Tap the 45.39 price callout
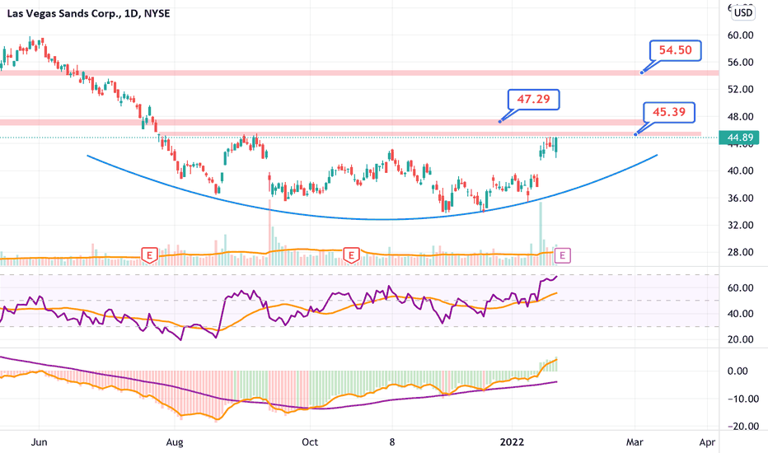click(672, 112)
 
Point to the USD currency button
click(743, 12)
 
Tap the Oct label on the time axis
click(309, 441)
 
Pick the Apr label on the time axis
click(707, 441)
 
